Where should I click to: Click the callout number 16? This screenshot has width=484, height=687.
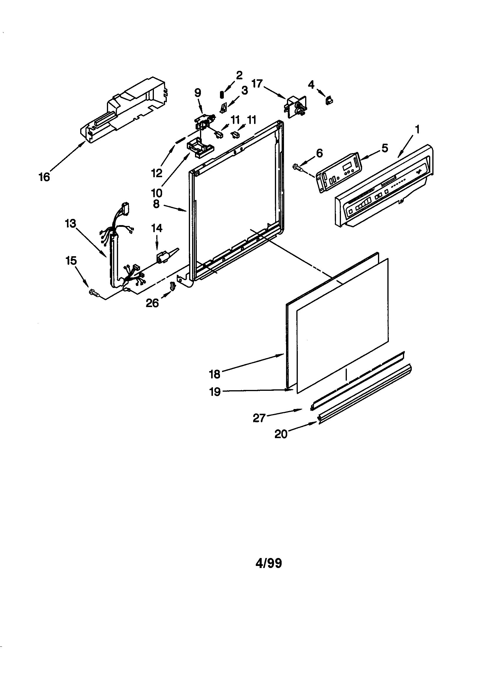point(44,177)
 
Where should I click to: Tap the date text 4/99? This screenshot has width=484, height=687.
point(269,563)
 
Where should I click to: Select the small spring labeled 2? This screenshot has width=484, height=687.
point(222,94)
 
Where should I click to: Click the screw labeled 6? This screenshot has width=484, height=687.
point(298,166)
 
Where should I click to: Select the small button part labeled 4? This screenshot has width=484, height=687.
point(329,101)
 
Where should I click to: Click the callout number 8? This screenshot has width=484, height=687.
point(156,204)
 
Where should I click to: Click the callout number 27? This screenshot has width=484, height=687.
point(259,418)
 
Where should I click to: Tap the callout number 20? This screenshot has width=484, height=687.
point(281,434)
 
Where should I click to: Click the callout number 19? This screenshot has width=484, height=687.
point(215,391)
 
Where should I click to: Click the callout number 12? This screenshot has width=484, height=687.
point(157,173)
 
